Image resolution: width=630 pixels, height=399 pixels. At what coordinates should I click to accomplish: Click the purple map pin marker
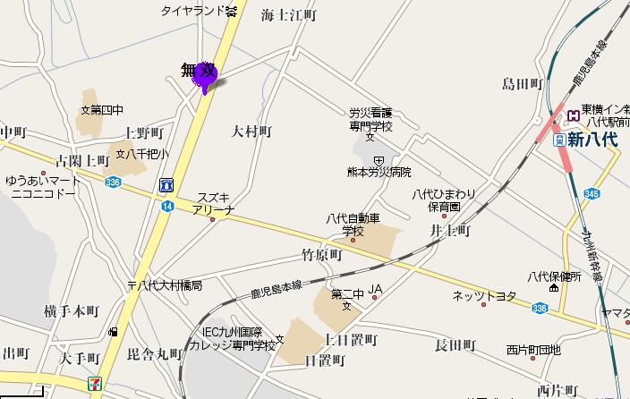[206, 78]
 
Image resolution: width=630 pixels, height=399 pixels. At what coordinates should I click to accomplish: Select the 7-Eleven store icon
[95, 383]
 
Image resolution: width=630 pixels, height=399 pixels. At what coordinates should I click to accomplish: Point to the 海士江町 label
[289, 15]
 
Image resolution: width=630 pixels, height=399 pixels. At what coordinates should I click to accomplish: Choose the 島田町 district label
[524, 84]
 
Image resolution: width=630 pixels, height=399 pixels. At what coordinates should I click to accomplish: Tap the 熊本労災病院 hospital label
[380, 172]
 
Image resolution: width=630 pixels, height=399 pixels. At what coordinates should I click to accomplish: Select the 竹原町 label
[322, 255]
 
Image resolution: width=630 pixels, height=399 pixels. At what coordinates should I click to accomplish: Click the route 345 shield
[592, 192]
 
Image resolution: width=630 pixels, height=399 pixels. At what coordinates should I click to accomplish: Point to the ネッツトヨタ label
[485, 295]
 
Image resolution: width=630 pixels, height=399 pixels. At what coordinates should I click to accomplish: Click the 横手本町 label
[71, 310]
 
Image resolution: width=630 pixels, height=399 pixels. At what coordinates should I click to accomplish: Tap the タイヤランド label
[192, 11]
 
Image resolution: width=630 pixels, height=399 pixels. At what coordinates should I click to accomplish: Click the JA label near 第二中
[376, 289]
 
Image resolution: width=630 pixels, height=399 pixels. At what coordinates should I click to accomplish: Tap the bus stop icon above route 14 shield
[166, 185]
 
